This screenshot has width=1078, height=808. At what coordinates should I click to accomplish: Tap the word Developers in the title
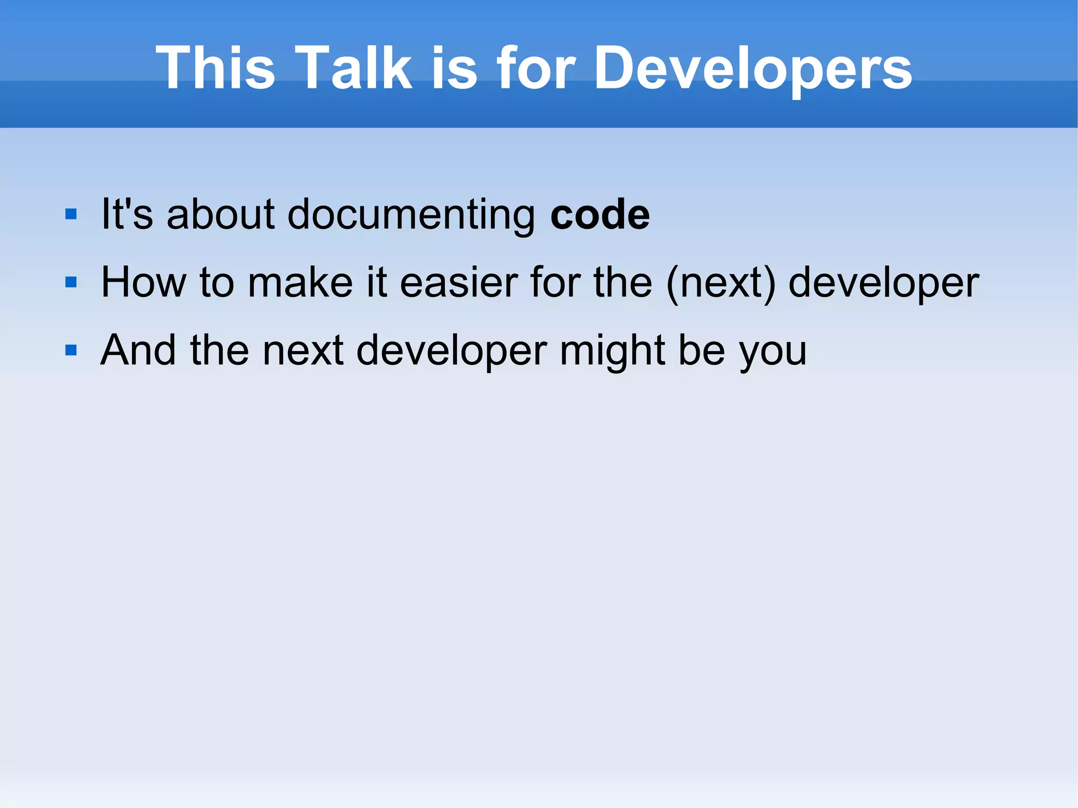tap(753, 68)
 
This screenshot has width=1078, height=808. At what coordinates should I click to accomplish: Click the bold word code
tap(600, 214)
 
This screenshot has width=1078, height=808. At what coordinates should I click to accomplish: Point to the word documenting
tap(411, 215)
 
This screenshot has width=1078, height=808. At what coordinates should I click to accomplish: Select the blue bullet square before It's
tap(71, 214)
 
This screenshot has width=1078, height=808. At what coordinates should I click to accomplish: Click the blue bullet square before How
tap(71, 282)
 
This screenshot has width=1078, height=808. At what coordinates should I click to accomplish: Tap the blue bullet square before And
tap(71, 350)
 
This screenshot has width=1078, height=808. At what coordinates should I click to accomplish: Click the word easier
tap(458, 282)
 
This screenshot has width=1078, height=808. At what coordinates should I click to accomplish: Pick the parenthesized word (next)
tap(721, 283)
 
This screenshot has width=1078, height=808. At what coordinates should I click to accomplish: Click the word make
tap(300, 282)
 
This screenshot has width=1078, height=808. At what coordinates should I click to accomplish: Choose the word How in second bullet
tap(144, 282)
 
